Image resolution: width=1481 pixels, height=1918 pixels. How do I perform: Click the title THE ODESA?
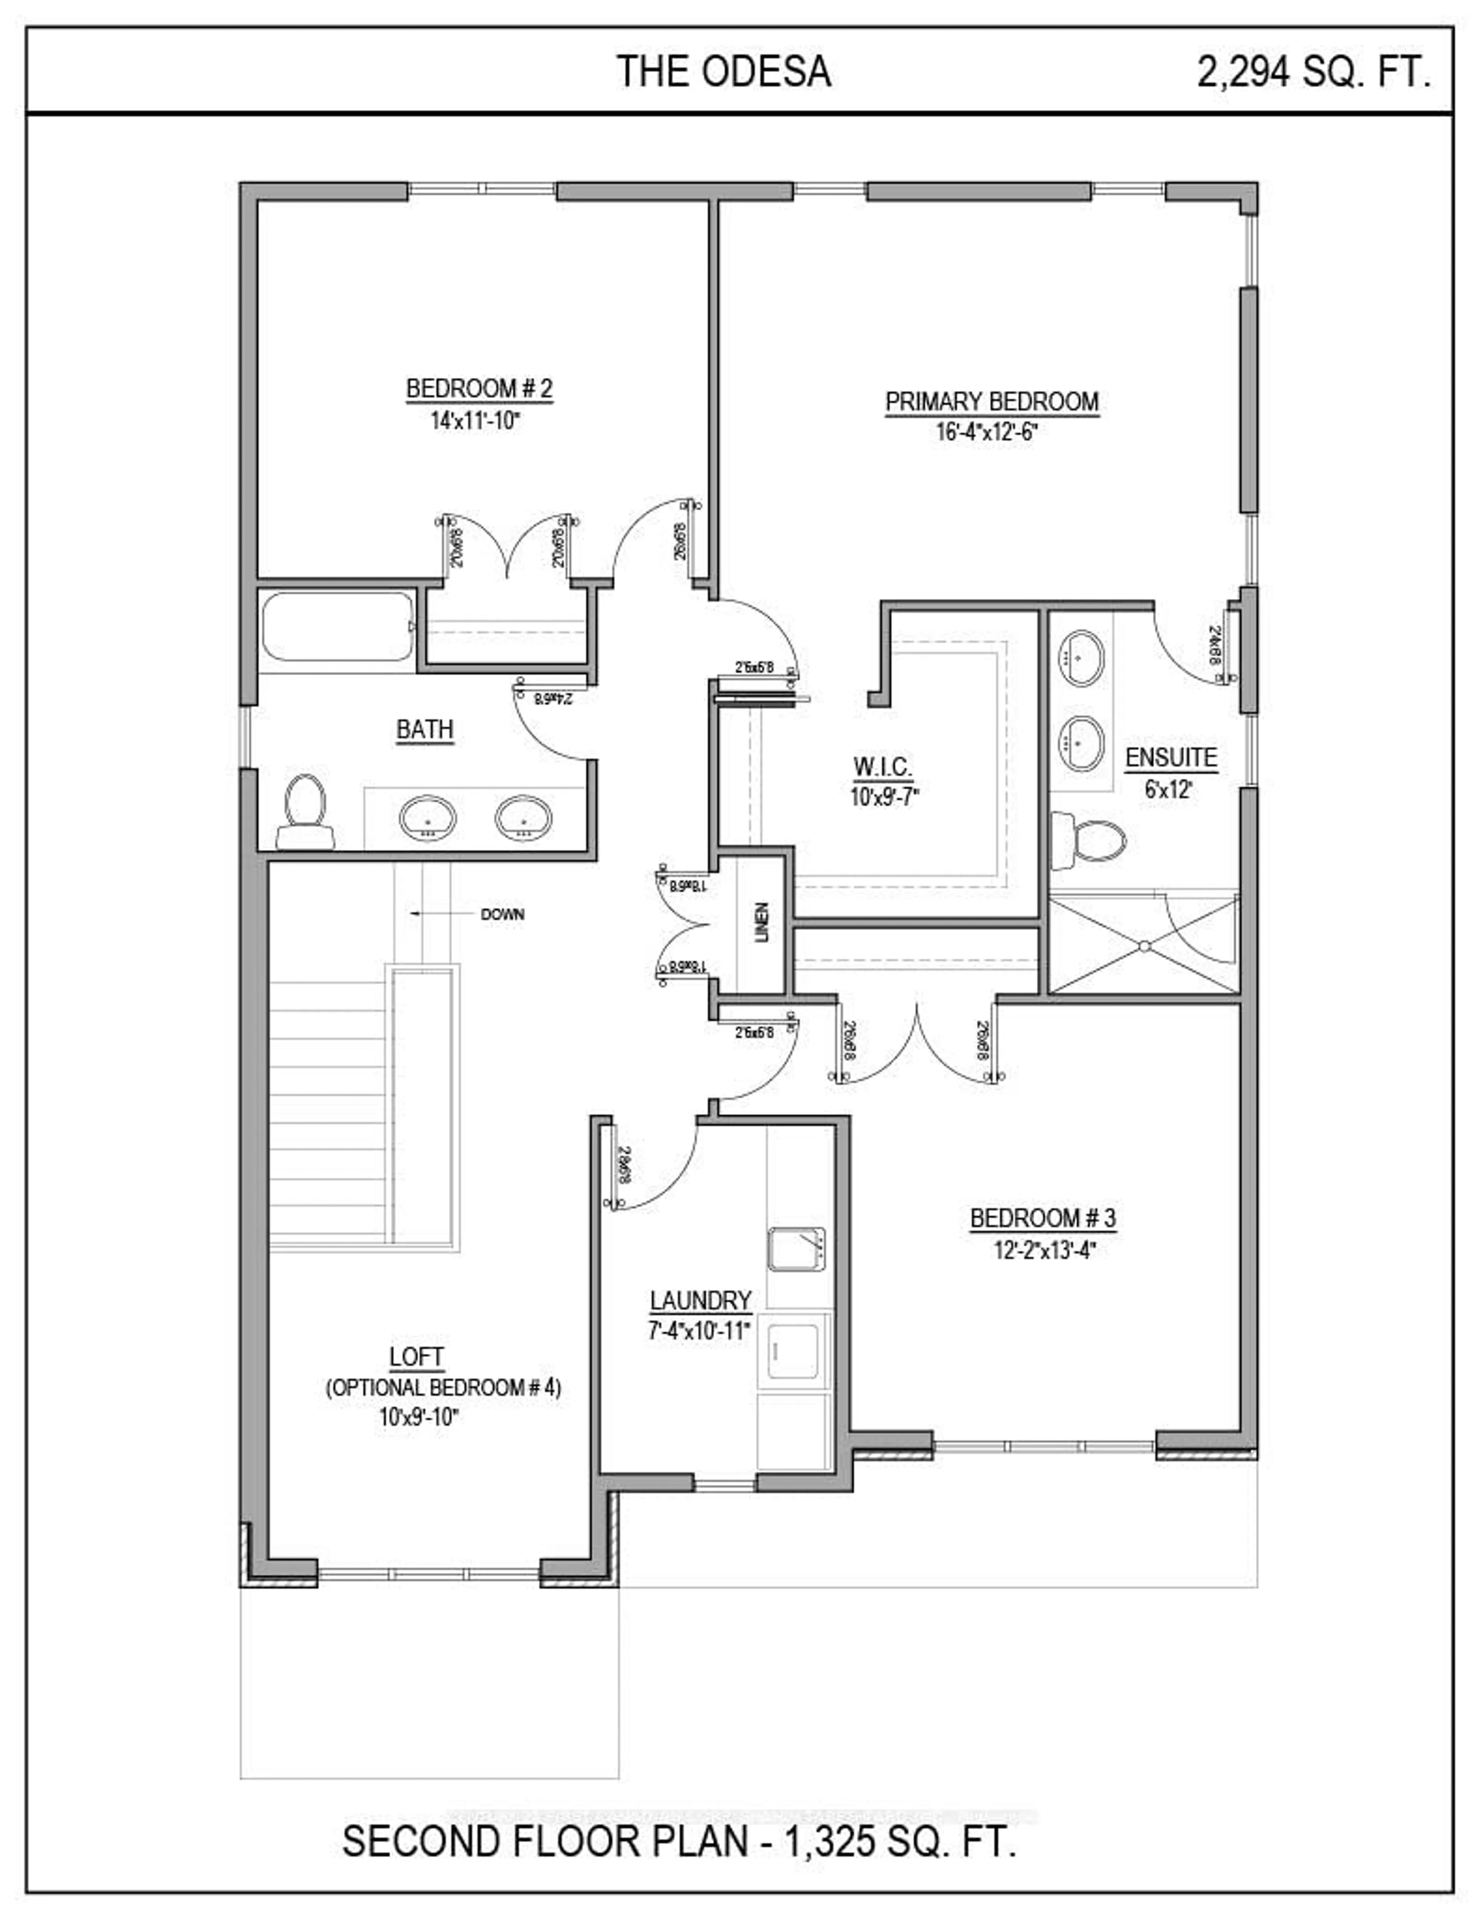pos(724,72)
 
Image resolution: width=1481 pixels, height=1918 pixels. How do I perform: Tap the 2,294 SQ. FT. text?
pos(1313,72)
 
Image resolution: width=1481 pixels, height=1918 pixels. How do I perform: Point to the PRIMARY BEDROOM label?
pos(991,402)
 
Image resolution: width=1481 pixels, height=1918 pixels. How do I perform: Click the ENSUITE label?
pos(1171,758)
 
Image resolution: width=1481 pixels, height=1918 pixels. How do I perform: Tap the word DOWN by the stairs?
pos(502,914)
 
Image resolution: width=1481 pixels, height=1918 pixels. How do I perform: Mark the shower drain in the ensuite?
pos(1144,946)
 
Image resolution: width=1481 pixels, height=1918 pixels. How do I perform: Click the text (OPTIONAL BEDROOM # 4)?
pos(443,1387)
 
